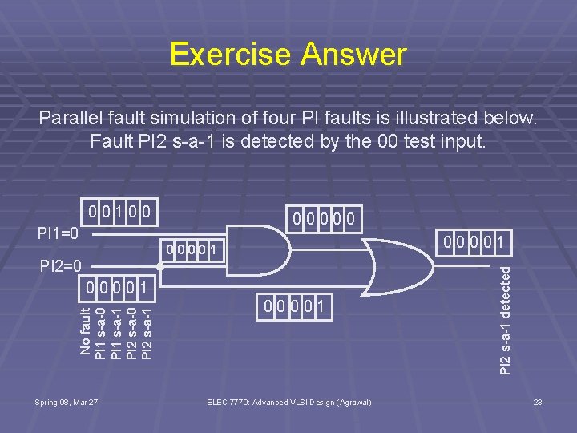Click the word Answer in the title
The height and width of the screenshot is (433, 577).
tap(353, 55)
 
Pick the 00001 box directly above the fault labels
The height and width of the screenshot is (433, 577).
tap(116, 287)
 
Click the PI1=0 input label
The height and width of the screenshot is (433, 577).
tap(59, 234)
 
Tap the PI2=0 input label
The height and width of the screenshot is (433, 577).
tap(59, 265)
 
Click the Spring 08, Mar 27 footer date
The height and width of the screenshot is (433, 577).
tap(66, 401)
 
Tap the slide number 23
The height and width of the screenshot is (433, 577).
tap(538, 401)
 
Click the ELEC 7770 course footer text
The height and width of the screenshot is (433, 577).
tap(288, 401)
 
